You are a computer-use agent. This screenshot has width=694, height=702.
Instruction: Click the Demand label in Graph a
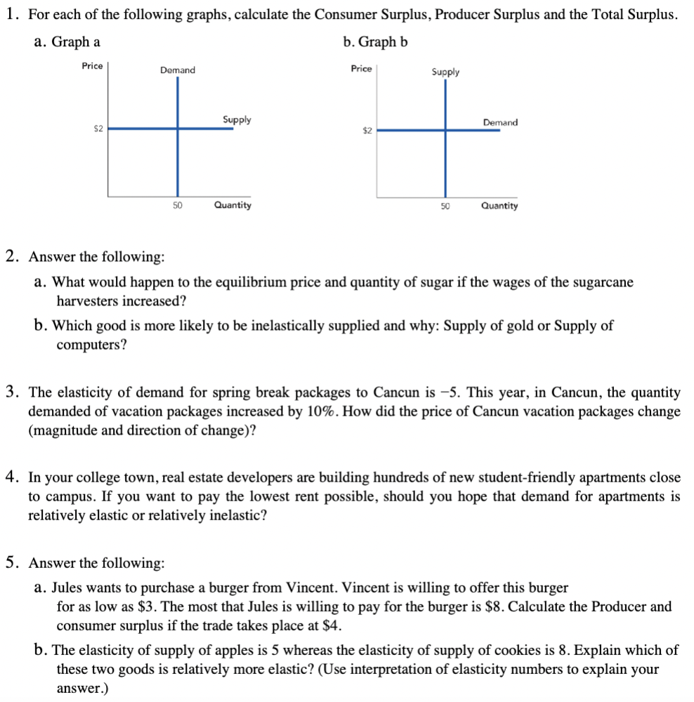178,70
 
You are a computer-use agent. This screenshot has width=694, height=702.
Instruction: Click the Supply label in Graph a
237,120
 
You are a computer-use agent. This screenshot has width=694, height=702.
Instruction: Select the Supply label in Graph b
445,72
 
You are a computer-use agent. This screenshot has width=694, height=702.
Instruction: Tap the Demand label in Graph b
500,123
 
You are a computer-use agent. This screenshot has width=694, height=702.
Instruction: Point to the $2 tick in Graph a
98,128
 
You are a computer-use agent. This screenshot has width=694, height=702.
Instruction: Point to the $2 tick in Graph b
367,131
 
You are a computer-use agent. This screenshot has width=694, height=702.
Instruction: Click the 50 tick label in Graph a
177,205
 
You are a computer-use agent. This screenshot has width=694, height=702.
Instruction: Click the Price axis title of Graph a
92,66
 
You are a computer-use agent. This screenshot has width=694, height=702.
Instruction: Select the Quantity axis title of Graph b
499,206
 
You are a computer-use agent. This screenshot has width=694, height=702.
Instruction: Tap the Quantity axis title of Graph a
233,205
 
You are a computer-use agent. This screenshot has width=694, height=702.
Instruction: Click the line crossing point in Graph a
177,128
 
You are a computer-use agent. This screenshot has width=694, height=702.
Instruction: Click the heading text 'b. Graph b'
375,42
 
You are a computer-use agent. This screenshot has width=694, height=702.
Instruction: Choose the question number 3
11,392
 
